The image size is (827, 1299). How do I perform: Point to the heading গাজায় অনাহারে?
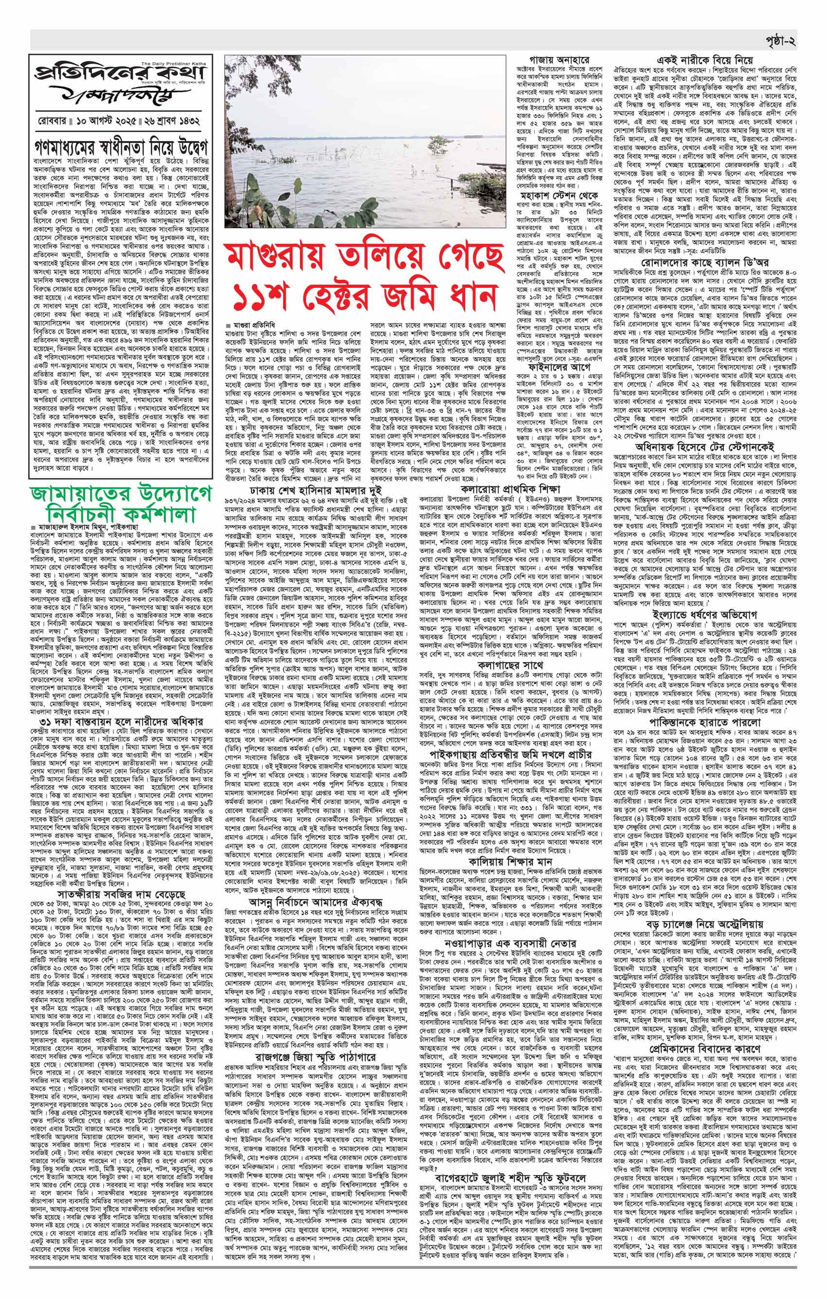558,59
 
